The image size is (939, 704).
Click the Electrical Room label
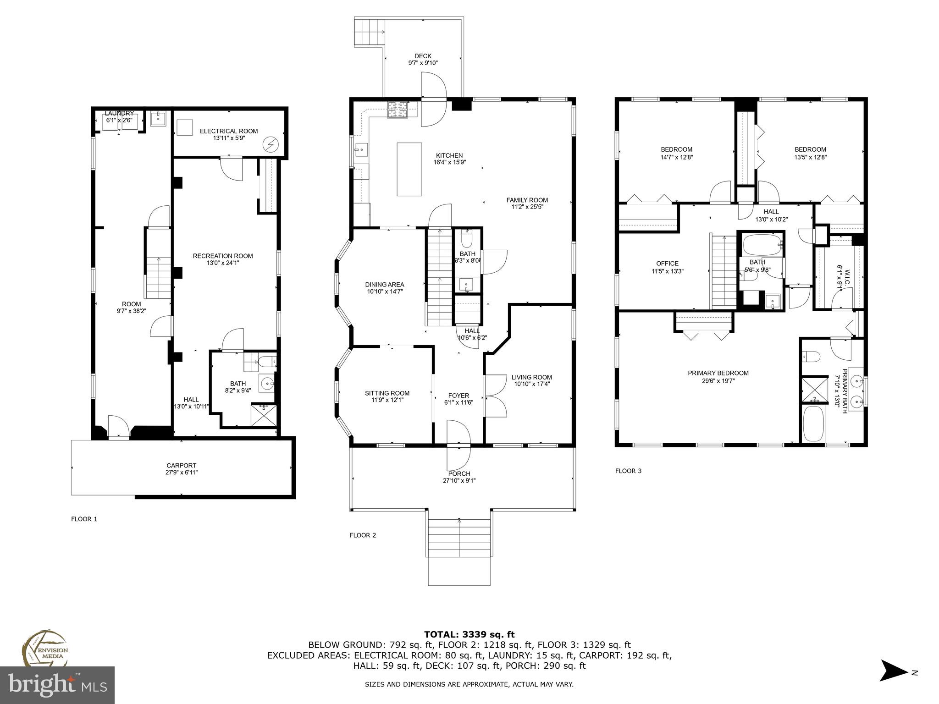click(x=229, y=131)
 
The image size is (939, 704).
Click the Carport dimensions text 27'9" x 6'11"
click(x=182, y=472)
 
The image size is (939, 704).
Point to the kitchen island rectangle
click(x=409, y=169)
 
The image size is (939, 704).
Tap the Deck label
click(x=423, y=56)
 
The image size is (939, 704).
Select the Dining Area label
click(x=385, y=285)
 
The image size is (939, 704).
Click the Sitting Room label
click(x=387, y=393)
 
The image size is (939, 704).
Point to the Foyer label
click(x=458, y=396)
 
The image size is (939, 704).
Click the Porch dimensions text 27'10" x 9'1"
click(x=459, y=481)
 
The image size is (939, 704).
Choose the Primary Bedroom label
click(x=718, y=373)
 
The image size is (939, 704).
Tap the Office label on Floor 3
click(x=667, y=264)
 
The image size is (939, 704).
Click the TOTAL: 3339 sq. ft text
click(x=469, y=635)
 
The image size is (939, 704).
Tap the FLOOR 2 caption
click(x=363, y=535)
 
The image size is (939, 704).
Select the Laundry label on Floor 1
click(x=119, y=113)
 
